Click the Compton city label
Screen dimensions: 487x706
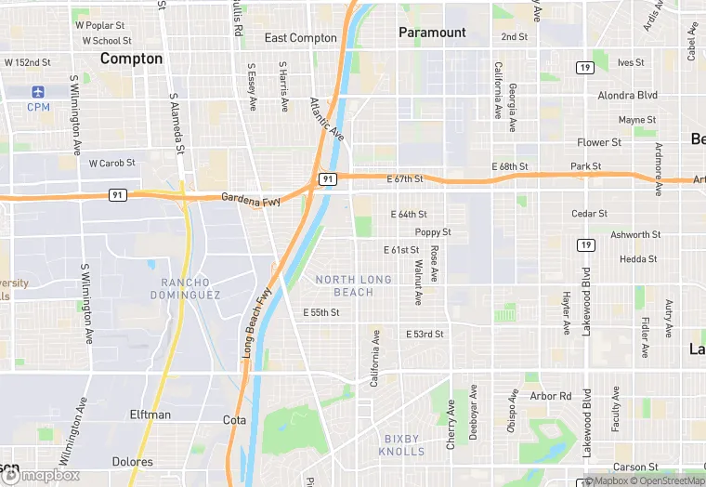131,59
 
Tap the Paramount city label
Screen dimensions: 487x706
432,33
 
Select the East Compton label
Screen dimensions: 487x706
300,38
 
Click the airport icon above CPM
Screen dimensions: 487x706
38,92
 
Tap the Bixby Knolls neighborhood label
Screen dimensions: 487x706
401,445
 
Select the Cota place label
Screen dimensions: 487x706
235,420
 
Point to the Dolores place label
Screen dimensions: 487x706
131,462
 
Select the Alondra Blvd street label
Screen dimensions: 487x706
627,96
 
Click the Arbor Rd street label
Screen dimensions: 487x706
550,396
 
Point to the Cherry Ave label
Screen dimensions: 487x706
451,425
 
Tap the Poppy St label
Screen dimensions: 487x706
433,232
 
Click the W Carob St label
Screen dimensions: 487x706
112,163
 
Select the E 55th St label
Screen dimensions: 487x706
321,313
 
